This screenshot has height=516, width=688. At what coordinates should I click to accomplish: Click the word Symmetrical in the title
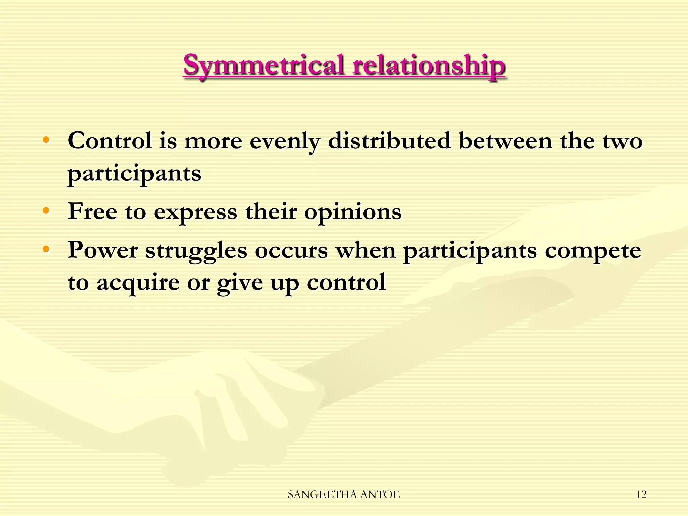264,66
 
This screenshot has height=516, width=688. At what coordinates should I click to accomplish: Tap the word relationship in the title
428,66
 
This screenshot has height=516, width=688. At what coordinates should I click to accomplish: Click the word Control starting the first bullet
110,141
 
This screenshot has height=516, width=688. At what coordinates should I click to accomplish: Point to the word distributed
389,141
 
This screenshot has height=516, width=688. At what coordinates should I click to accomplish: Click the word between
506,141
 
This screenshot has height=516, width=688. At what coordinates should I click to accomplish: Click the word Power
103,251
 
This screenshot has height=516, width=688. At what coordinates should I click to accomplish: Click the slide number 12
641,494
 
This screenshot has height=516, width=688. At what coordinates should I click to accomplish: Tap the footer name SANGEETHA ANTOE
344,494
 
